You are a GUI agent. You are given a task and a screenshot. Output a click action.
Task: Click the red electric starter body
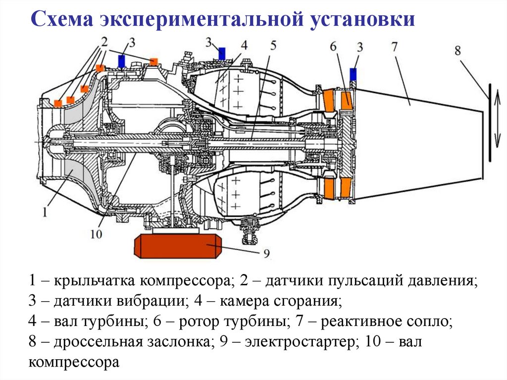click(x=176, y=246)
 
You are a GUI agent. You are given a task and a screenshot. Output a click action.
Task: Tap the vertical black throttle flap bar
click(x=490, y=122)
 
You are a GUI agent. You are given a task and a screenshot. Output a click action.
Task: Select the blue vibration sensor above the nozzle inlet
click(x=353, y=74)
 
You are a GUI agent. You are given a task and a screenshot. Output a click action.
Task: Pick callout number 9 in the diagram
click(x=266, y=254)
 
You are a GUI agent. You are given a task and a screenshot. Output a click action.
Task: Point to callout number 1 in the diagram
click(x=45, y=213)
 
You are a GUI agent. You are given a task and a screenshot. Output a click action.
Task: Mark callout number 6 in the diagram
click(x=333, y=46)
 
